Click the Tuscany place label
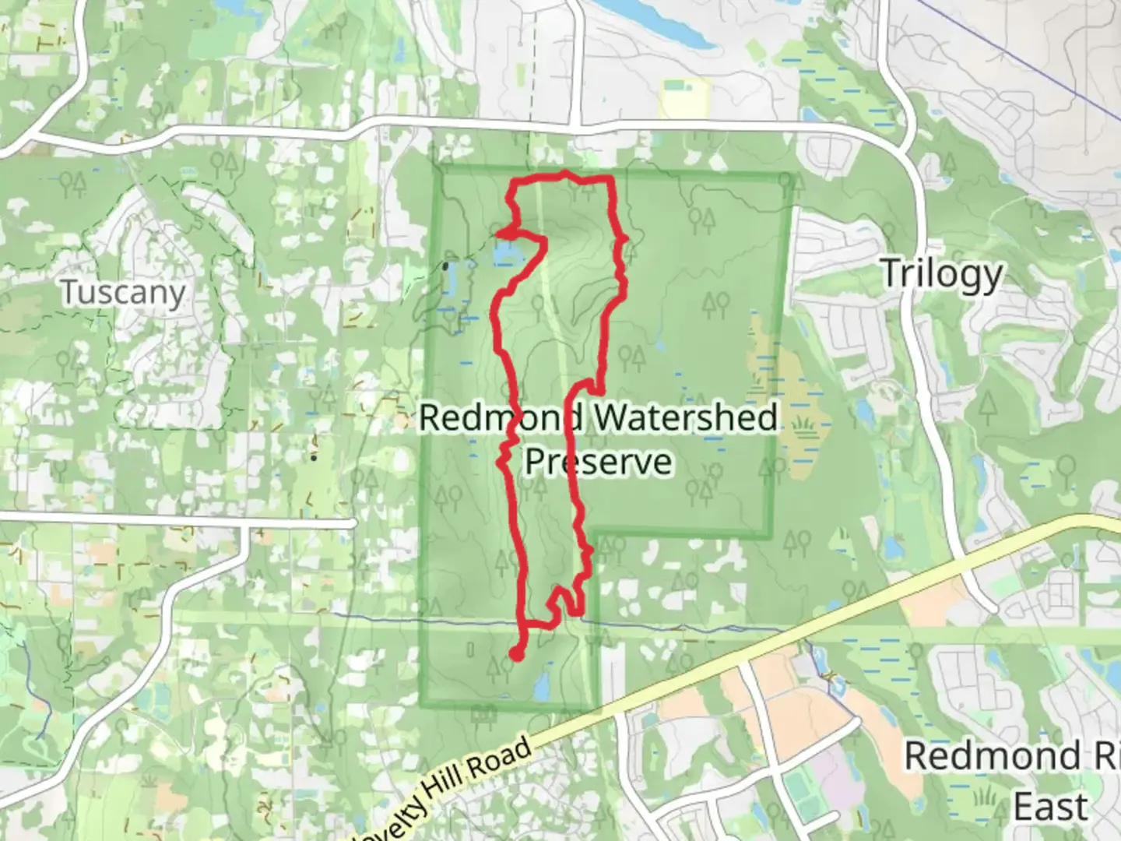click(123, 293)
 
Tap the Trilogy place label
click(942, 274)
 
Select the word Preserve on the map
click(598, 461)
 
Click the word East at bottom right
click(1050, 806)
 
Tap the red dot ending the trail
click(515, 655)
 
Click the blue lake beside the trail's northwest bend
click(506, 251)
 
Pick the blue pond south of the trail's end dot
click(541, 686)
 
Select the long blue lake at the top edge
click(662, 19)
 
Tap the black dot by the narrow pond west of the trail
click(445, 266)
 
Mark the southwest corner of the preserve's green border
click(423, 706)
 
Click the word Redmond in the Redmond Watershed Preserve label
click(498, 418)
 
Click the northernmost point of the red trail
click(564, 173)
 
